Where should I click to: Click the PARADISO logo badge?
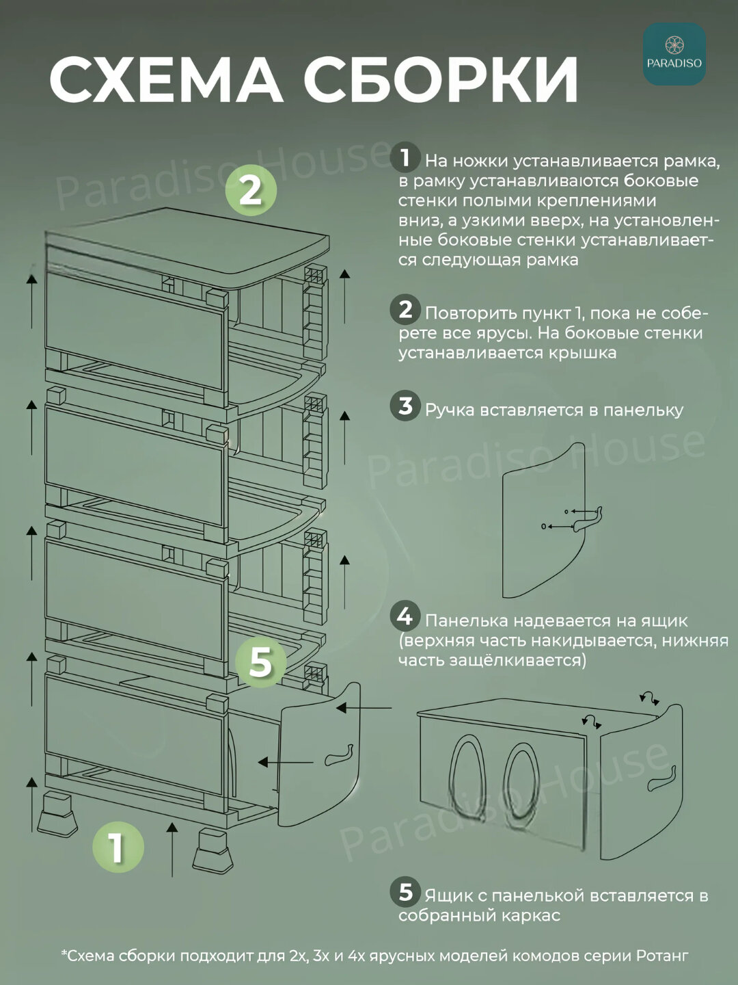point(674,54)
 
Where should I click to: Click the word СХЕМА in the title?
point(166,79)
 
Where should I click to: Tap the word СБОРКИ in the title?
point(441,79)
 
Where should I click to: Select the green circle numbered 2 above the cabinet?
point(251,192)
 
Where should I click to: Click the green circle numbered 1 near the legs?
point(118,847)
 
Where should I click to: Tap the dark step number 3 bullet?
point(405,406)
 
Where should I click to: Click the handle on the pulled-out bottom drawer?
point(339,755)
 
